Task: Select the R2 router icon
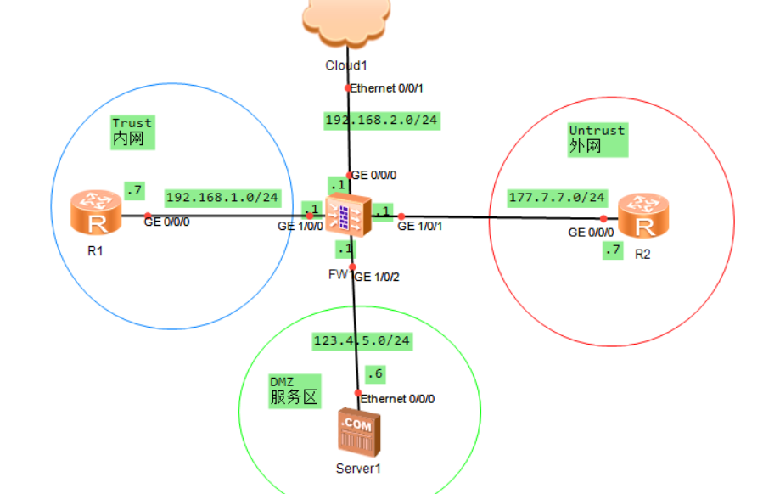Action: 642,216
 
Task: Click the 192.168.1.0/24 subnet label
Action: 222,198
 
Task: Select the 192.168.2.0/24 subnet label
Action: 381,121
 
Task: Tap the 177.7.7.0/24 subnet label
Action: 557,198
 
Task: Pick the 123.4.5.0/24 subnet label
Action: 361,340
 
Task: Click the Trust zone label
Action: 132,124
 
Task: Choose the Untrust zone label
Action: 597,131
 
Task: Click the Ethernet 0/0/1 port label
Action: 386,87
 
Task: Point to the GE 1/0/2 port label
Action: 377,277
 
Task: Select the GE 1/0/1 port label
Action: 420,227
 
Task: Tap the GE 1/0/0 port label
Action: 300,227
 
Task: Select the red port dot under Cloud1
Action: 347,87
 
